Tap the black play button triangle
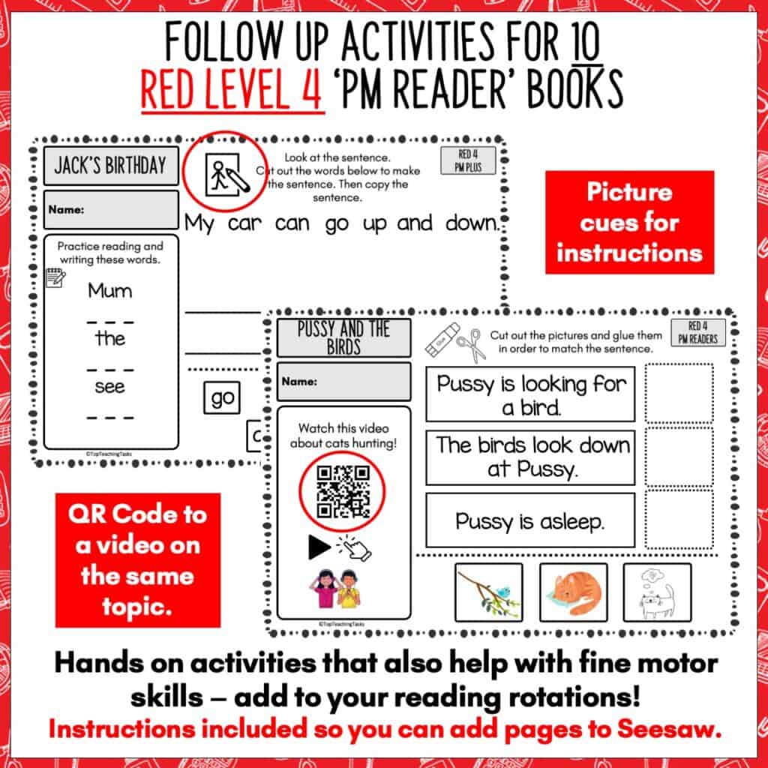[x=319, y=547]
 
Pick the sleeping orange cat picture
[x=573, y=592]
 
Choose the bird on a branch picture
[x=488, y=592]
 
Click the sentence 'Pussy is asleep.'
[x=529, y=520]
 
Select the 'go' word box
[x=222, y=398]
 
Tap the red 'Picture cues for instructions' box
[x=629, y=222]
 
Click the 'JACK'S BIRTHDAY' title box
[x=110, y=165]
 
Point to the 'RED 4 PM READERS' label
[x=697, y=332]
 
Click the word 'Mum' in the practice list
[x=110, y=290]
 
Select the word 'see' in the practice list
[x=110, y=387]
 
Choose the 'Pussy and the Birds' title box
[x=343, y=337]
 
